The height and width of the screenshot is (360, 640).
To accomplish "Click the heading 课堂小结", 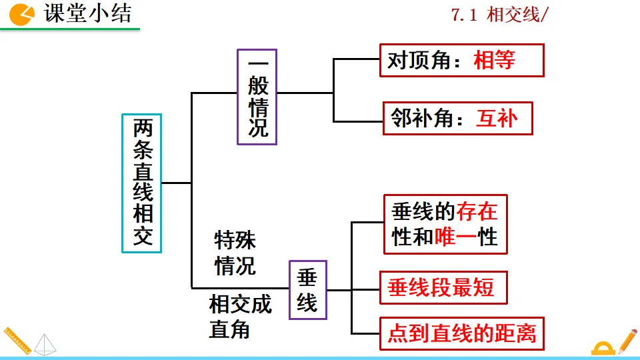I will (88, 14).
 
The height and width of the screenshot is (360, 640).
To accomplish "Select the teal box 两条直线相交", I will (142, 183).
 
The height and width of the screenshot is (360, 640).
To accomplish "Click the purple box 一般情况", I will (257, 97).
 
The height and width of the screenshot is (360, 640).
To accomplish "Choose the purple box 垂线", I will (307, 290).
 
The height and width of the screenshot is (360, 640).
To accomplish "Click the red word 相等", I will (494, 61).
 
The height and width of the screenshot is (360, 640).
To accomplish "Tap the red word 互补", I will (496, 119).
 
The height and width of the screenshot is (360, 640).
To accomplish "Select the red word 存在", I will (477, 213).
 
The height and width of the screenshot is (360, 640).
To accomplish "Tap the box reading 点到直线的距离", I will (461, 332).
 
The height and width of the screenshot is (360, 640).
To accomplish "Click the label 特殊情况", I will (235, 253).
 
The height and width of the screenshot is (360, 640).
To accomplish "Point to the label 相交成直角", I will (240, 317).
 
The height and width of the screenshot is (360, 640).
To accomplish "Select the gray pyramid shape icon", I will (45, 343).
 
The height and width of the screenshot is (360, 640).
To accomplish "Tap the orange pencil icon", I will (627, 341).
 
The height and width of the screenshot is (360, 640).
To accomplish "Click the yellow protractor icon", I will (603, 348).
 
